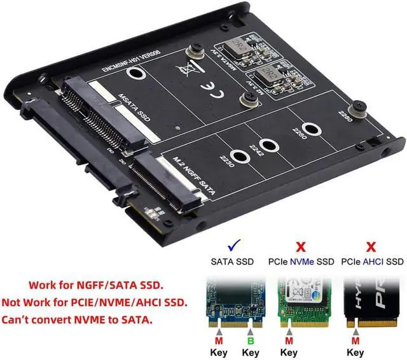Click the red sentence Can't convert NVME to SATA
click(78, 319)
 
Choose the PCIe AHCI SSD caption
click(372, 261)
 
